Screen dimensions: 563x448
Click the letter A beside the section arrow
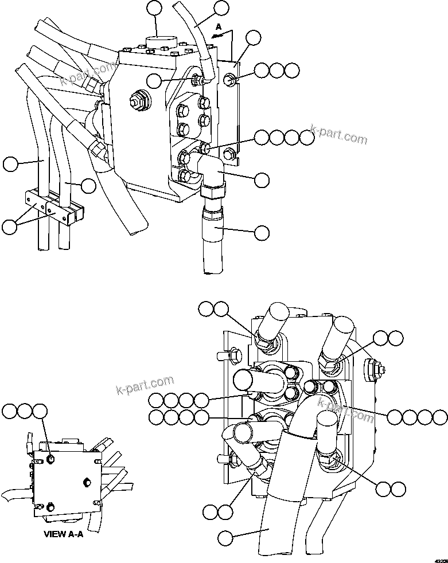(x=218, y=27)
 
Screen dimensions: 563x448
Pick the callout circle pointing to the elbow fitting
(x=262, y=179)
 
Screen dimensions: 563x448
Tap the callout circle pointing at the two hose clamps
(x=9, y=226)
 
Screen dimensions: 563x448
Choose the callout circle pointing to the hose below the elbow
(x=262, y=232)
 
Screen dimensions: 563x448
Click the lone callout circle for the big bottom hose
(x=225, y=538)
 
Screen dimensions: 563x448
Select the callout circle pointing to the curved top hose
(x=221, y=8)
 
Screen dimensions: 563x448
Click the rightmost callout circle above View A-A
(x=40, y=411)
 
